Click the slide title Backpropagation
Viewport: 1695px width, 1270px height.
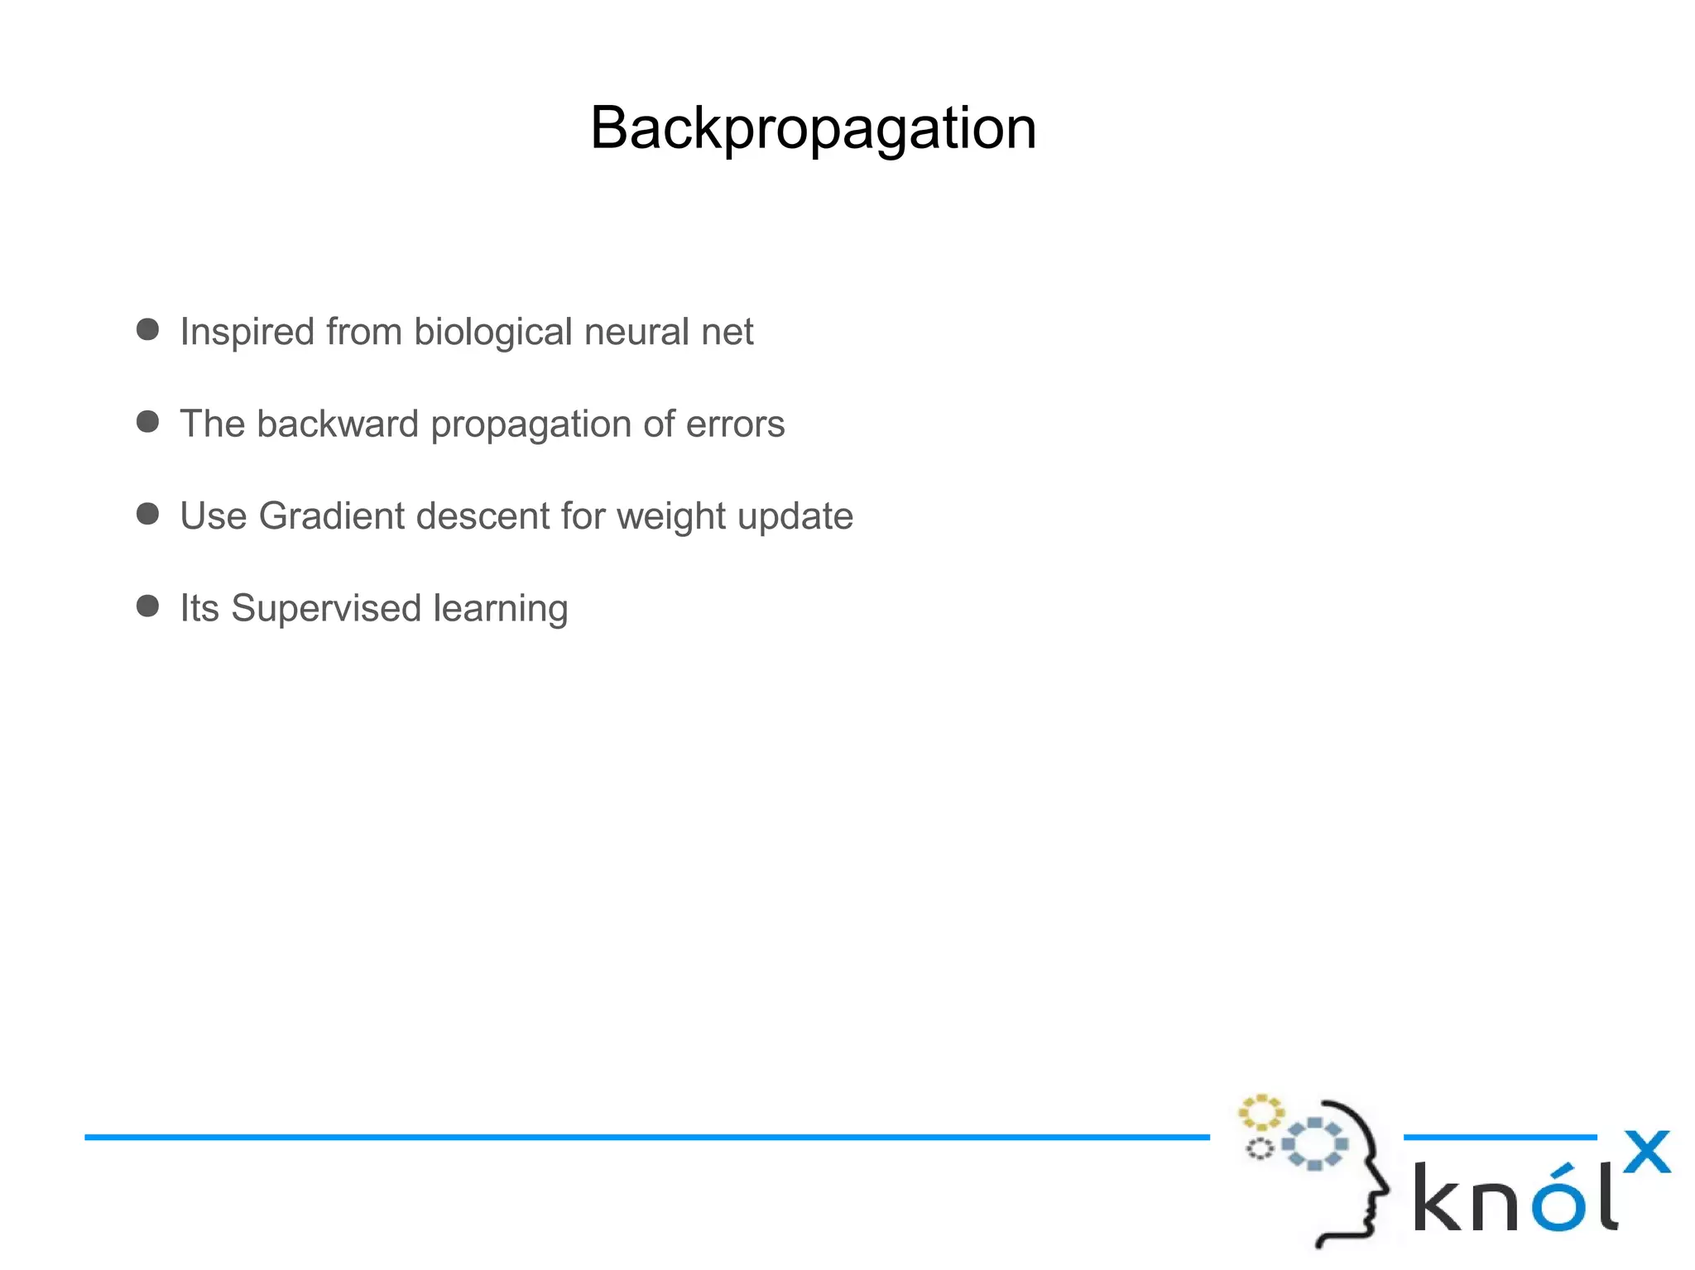[x=813, y=129]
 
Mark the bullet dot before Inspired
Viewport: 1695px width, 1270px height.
[x=148, y=329]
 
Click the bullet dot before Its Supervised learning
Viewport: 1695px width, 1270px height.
[x=148, y=606]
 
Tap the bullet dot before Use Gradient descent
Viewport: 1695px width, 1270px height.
[x=148, y=514]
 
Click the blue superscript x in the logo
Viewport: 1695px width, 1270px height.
[x=1646, y=1152]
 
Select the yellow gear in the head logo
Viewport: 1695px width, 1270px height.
[x=1260, y=1113]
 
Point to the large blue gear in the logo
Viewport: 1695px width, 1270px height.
[x=1314, y=1143]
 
